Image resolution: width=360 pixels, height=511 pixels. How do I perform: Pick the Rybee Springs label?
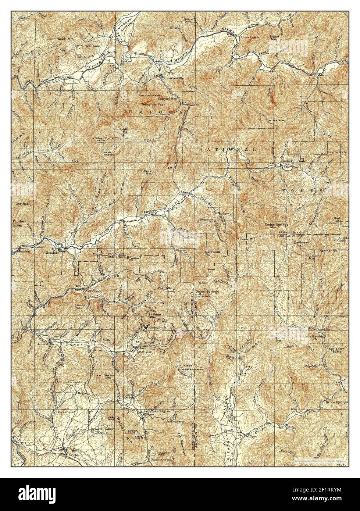click(336, 402)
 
